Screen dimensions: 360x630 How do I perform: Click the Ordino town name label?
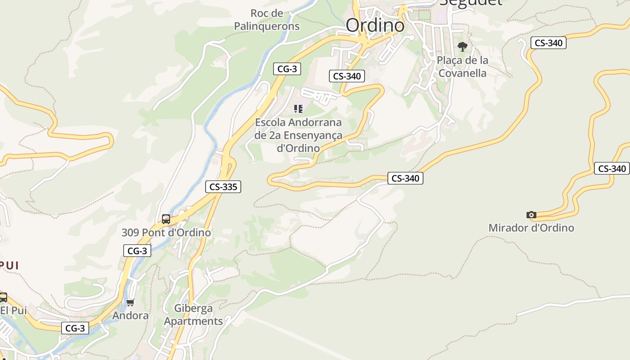point(375,25)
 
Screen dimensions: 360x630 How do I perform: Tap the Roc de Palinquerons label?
point(267,20)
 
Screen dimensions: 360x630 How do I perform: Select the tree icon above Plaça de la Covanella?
point(462,47)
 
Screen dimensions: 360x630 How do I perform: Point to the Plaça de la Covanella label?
point(462,67)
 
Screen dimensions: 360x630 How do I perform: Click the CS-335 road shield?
point(223,187)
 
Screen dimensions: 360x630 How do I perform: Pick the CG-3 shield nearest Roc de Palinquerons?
point(287,69)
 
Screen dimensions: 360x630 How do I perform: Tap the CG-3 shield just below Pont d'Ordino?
point(137,251)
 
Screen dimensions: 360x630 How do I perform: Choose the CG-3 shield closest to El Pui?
point(75,328)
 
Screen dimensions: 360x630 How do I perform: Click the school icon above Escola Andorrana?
point(298,108)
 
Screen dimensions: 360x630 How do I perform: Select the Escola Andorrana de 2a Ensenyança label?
point(298,135)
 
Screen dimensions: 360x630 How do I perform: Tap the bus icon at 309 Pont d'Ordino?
point(166,219)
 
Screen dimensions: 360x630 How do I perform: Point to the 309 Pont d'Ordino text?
point(166,233)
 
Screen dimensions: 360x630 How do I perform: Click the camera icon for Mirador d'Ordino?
point(531,215)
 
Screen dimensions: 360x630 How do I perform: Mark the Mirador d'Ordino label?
point(531,228)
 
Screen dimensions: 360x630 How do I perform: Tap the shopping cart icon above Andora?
point(130,302)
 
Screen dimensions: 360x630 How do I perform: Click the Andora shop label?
point(130,315)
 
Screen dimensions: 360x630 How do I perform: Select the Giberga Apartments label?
point(193,315)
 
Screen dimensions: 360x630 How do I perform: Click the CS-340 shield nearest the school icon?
point(346,76)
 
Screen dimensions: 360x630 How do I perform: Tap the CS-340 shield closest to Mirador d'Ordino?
point(612,169)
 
